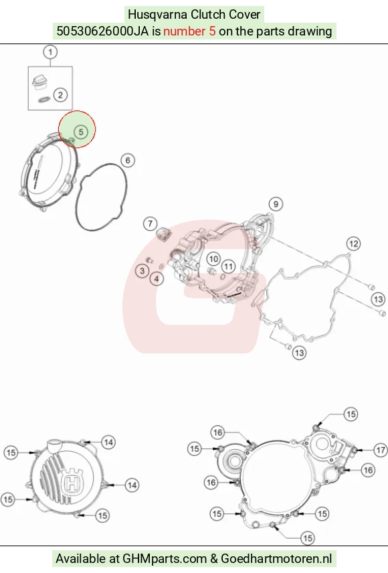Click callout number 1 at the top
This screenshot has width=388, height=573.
pyautogui.click(x=50, y=52)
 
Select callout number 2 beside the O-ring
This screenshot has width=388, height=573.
pyautogui.click(x=60, y=95)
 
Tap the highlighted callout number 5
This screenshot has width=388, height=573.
pyautogui.click(x=81, y=132)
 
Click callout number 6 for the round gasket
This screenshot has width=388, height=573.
pyautogui.click(x=128, y=160)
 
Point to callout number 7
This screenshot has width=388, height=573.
pyautogui.click(x=150, y=224)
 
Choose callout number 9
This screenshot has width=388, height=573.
pyautogui.click(x=276, y=204)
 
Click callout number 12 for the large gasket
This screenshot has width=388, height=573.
pyautogui.click(x=353, y=244)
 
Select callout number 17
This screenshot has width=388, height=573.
pyautogui.click(x=381, y=450)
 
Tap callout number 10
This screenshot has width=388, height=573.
pyautogui.click(x=213, y=259)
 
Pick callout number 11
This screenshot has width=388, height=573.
pyautogui.click(x=228, y=266)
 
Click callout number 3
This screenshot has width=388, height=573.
pyautogui.click(x=142, y=270)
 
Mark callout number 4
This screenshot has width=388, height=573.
pyautogui.click(x=157, y=279)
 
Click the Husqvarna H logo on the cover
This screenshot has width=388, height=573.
pyautogui.click(x=72, y=482)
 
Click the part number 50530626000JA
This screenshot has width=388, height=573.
pyautogui.click(x=102, y=31)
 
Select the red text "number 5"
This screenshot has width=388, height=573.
pyautogui.click(x=189, y=31)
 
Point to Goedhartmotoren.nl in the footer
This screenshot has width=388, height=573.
pyautogui.click(x=276, y=559)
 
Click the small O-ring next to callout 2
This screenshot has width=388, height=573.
pyautogui.click(x=45, y=99)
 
